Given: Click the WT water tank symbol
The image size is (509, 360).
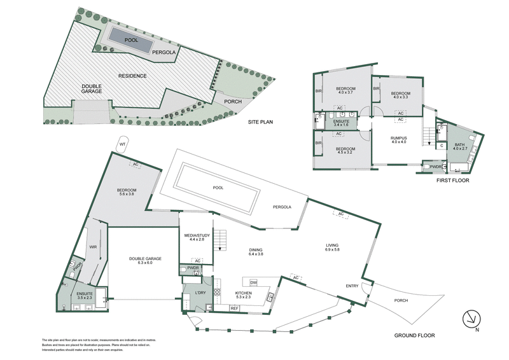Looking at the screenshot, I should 123,144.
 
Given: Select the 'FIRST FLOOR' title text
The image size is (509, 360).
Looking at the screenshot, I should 452,181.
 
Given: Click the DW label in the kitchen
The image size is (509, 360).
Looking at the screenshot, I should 253,282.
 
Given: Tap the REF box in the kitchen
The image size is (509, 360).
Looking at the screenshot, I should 235,308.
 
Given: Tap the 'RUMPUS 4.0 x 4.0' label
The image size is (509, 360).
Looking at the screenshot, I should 399,140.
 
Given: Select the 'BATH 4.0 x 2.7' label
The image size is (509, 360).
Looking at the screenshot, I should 459,148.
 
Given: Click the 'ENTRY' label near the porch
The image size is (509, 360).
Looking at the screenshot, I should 352,286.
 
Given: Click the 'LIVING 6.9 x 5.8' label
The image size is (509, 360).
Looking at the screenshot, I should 331,247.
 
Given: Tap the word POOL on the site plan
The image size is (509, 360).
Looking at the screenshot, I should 132,40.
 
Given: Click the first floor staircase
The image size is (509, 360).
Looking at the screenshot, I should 430,134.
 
